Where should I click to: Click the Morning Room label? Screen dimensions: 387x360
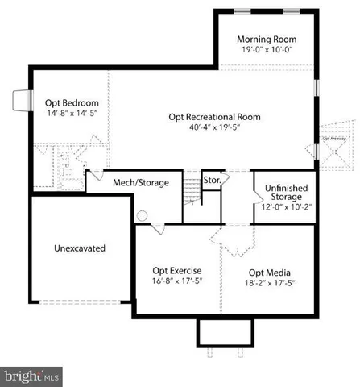tap(267, 39)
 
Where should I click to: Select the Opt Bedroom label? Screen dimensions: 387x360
tap(72, 103)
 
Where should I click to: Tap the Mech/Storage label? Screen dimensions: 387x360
tap(141, 183)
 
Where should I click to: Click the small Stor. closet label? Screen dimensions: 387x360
tap(212, 180)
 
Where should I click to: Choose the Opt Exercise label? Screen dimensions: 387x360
tap(176, 270)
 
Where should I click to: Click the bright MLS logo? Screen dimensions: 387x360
tap(32, 376)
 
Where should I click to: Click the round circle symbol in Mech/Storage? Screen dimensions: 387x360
tap(142, 216)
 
